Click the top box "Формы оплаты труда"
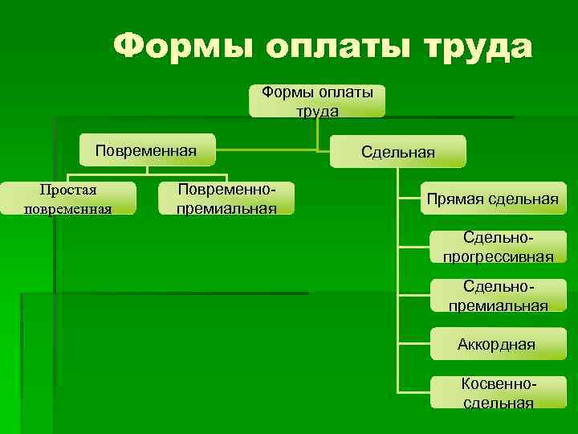317,101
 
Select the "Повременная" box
146,150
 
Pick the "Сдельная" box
398,151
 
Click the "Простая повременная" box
61,199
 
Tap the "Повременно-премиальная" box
227,199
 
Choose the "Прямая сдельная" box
492,199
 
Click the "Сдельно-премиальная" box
498,296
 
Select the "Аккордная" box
496,345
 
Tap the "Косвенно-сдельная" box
498,393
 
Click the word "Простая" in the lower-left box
62,190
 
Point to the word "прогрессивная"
498,256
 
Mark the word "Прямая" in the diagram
454,199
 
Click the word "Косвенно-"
498,385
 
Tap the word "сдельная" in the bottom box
498,403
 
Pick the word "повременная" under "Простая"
62,209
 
